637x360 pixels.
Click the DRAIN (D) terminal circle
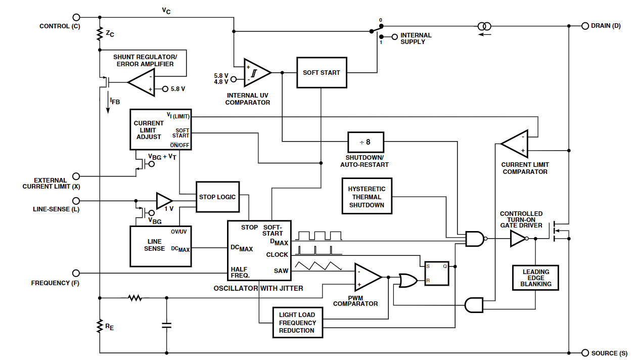coord(585,26)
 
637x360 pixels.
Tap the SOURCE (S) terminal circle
coord(585,353)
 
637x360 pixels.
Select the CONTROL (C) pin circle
coord(76,17)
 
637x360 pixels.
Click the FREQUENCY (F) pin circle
coord(76,273)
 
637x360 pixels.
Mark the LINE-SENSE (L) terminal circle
coord(76,201)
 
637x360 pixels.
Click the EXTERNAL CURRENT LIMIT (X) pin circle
coord(76,176)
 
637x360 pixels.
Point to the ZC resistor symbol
coord(100,33)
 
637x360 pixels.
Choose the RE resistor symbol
coord(100,326)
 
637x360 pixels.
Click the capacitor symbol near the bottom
coord(167,325)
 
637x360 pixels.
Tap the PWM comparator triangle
coord(368,277)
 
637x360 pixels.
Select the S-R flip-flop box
coord(436,273)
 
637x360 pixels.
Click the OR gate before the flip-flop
coord(408,281)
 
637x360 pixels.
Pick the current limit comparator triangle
coord(515,144)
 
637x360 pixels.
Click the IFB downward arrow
coord(108,102)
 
